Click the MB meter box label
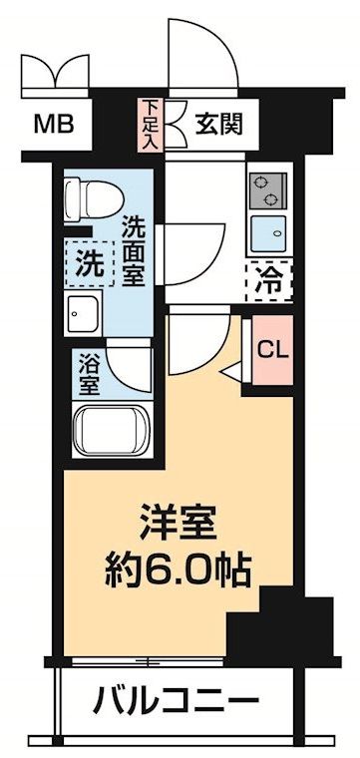point(53,126)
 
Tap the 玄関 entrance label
point(217,126)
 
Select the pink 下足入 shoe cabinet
point(151,126)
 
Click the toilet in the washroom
point(94,198)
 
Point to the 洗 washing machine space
point(91,264)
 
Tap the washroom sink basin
point(83,313)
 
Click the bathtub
point(112,431)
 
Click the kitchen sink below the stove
point(268,234)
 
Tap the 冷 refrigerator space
point(268,281)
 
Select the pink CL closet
point(272,350)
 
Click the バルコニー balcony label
point(177,699)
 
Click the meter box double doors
point(56,73)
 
